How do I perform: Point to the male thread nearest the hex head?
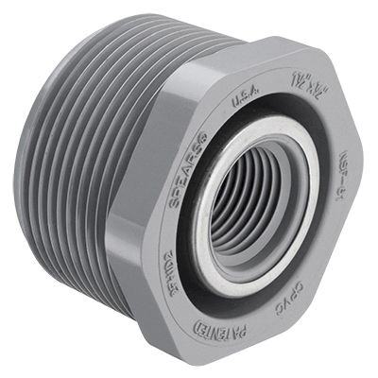(x=128, y=189)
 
